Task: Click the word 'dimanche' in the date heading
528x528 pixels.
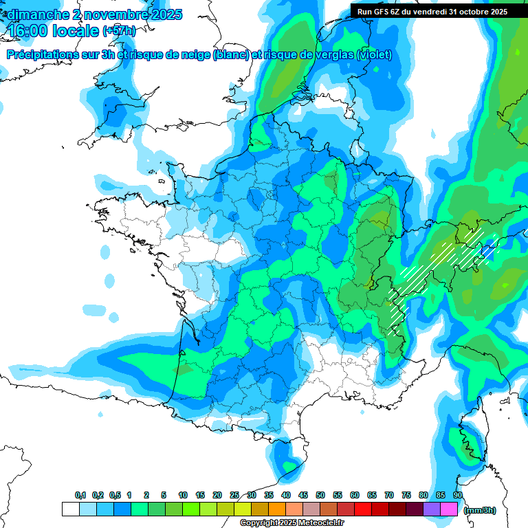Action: (35, 14)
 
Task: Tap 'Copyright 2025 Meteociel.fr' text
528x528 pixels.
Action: (291, 523)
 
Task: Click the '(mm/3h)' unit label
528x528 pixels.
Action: (480, 510)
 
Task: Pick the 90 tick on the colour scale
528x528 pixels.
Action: (458, 495)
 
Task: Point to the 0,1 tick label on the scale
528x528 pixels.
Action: (80, 495)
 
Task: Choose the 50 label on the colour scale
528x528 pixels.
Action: (320, 495)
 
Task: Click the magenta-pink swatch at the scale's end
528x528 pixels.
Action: (449, 509)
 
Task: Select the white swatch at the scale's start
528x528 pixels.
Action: (71, 509)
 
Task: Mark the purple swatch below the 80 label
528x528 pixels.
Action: (432, 509)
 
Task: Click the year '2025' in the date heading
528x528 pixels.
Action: (162, 14)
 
